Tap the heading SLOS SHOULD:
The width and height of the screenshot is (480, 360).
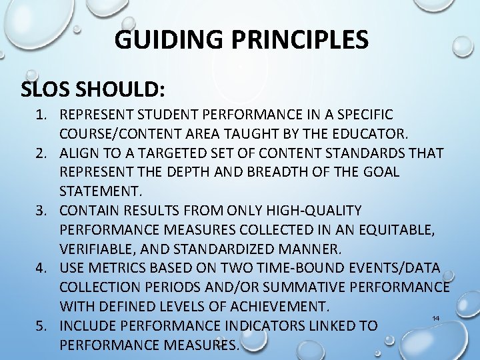point(93,89)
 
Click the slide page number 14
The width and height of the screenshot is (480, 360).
point(436,319)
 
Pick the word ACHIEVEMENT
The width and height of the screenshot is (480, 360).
point(275,307)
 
